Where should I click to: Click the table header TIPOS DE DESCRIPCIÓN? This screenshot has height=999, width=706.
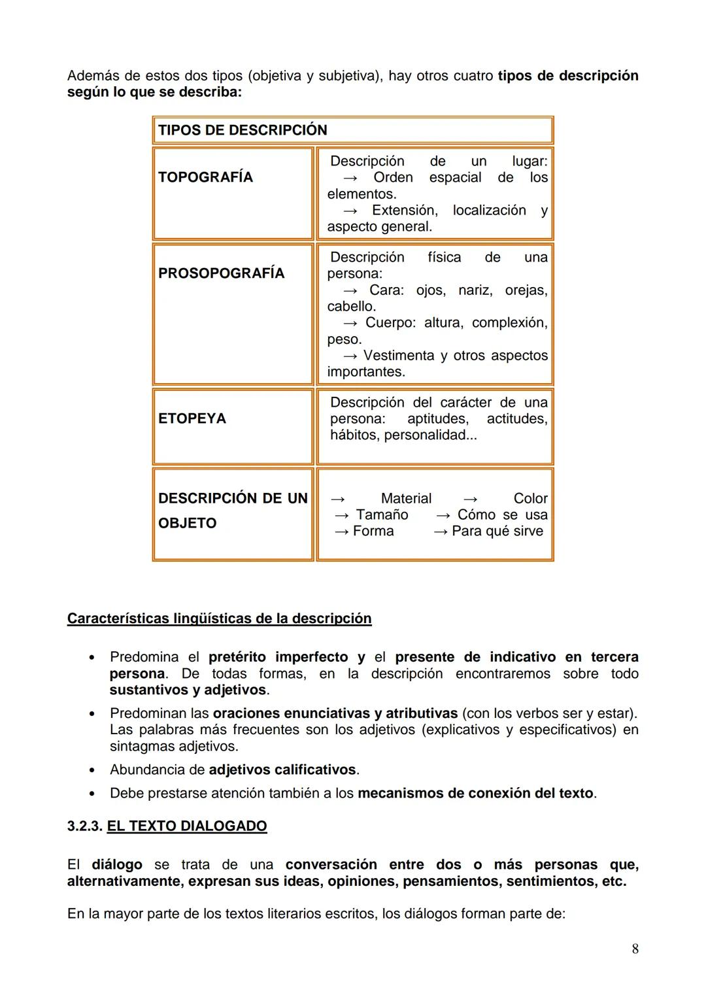tap(243, 130)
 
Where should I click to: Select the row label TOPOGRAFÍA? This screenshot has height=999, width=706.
tap(205, 177)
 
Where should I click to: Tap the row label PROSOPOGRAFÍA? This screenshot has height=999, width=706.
tap(221, 273)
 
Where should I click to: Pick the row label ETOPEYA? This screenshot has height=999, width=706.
tap(192, 418)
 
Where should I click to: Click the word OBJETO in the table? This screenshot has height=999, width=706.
tap(187, 523)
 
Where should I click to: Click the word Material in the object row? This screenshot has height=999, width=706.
tap(406, 499)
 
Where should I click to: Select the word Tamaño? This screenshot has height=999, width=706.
tap(382, 515)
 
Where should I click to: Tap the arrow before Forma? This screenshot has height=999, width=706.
tap(341, 532)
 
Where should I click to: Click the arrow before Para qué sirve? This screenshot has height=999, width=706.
tap(441, 532)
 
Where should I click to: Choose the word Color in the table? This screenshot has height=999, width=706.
tap(530, 499)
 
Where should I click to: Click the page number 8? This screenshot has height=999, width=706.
tap(635, 949)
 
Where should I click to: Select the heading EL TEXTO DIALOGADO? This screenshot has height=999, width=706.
tap(187, 826)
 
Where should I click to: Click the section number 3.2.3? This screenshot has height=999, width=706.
tap(84, 826)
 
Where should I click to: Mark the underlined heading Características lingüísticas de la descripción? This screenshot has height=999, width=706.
tap(219, 618)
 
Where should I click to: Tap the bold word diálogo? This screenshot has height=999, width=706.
tap(116, 865)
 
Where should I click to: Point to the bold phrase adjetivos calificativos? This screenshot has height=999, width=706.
tap(282, 770)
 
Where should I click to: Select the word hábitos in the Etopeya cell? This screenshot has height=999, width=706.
tap(354, 435)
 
